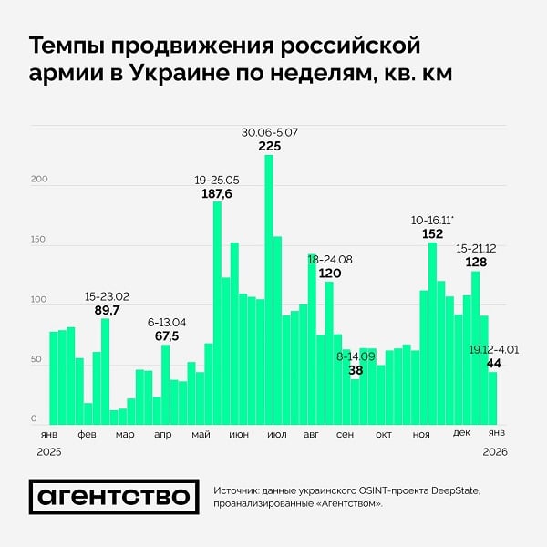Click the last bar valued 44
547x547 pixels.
[x=492, y=398]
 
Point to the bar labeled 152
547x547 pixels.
[x=432, y=334]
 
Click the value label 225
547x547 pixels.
[x=270, y=146]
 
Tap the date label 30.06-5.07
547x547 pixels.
[x=270, y=133]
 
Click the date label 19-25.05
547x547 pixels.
[x=217, y=180]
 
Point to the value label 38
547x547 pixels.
[x=356, y=370]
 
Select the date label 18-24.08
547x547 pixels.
[x=330, y=260]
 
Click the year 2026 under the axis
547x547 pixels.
[x=496, y=451]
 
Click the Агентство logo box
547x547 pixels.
[x=114, y=497]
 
